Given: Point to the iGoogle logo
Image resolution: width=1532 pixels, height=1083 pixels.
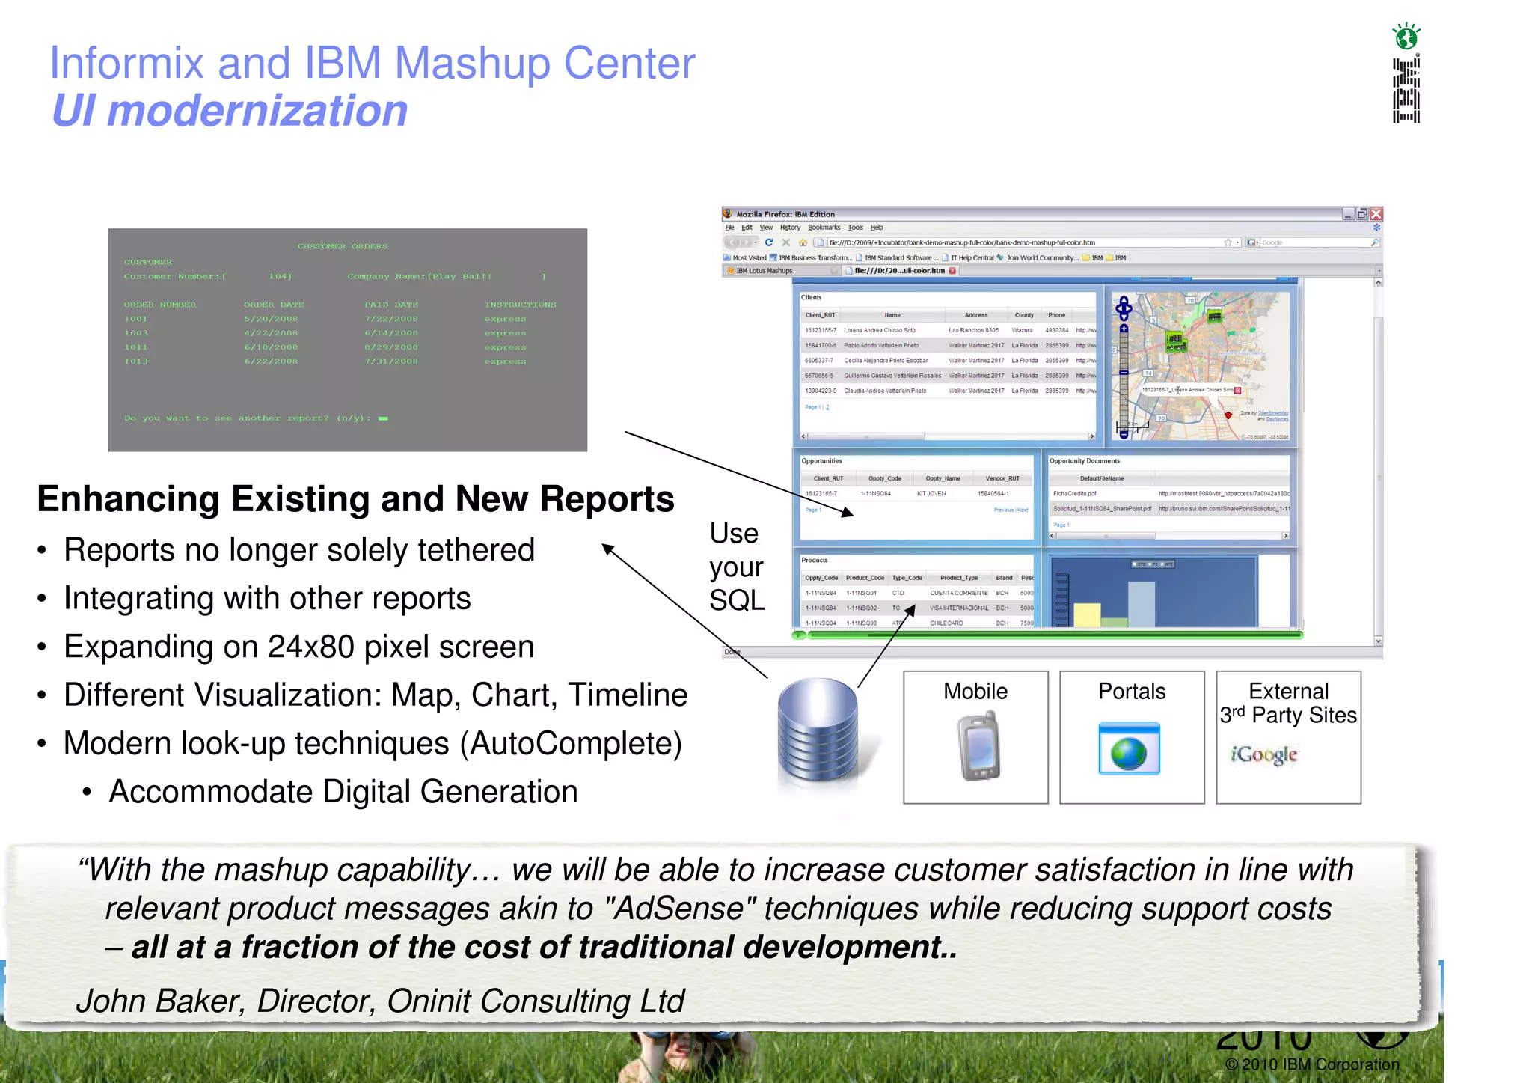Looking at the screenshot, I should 1264,754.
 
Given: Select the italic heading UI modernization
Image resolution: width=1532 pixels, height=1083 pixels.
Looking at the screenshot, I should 230,111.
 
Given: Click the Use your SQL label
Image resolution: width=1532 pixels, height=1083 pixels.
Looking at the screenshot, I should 736,567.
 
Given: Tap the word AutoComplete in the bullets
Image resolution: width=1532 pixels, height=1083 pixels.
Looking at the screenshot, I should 570,744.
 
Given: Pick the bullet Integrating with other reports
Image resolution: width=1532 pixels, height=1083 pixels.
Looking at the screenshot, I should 267,599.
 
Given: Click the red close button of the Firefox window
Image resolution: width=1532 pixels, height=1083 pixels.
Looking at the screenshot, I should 1376,214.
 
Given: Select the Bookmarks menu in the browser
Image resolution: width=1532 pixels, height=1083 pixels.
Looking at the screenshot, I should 824,228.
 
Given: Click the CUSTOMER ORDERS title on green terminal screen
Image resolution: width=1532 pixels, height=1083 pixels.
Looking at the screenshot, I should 343,246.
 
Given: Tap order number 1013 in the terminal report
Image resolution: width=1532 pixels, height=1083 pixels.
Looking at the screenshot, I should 136,361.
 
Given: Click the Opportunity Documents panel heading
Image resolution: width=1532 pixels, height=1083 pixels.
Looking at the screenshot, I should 1084,461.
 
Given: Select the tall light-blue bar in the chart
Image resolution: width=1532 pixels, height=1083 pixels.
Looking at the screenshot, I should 1141,603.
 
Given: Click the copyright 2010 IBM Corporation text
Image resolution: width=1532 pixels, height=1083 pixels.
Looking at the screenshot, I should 1312,1064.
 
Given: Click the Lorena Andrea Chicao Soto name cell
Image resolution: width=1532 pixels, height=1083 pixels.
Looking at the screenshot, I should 879,330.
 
